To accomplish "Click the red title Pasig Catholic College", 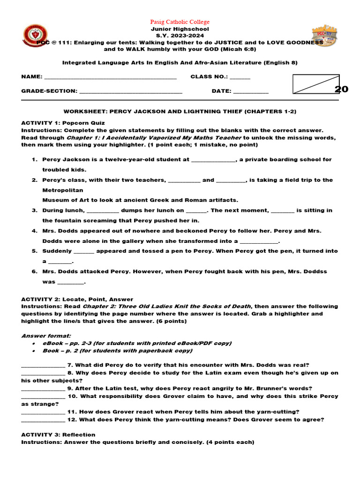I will point(180,22).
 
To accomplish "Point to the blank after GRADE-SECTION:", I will point(131,92).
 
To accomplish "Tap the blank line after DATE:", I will point(251,92).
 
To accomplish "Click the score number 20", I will point(341,90).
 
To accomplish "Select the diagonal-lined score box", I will point(315,84).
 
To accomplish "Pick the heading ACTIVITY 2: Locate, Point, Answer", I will point(77,299).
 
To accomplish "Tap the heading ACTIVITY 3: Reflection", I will point(58,435).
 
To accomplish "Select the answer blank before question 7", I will point(43,365).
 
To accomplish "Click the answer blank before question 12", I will point(43,420).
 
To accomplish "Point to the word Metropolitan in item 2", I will point(63,190).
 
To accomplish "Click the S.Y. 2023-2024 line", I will point(180,35).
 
